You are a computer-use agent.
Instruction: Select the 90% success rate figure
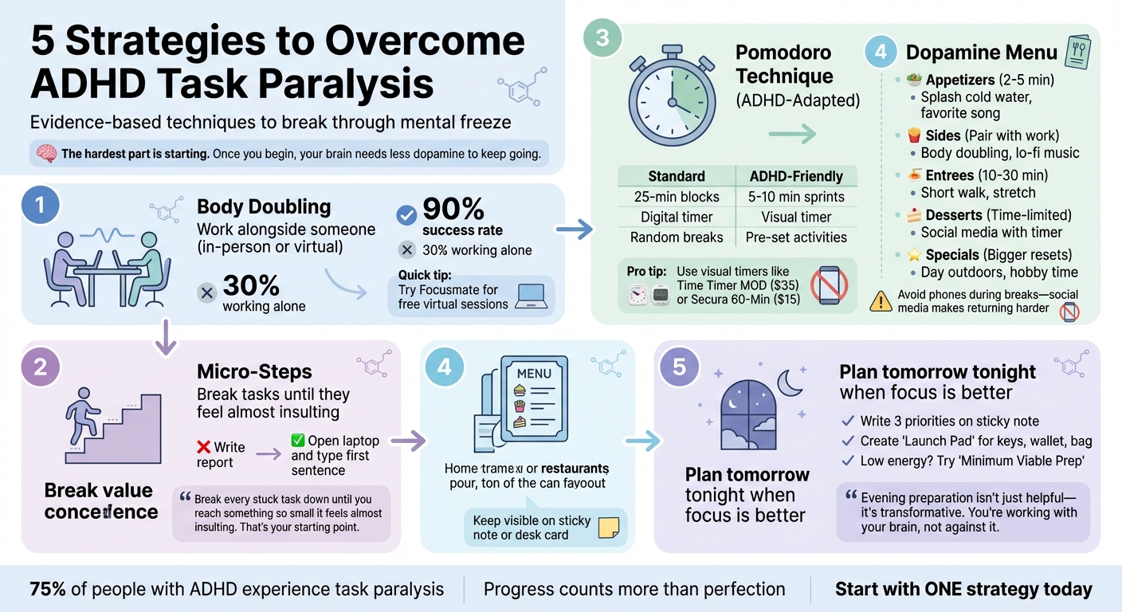(x=453, y=210)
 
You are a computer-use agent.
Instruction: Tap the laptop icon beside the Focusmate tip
(x=530, y=296)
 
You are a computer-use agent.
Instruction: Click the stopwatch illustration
(x=667, y=98)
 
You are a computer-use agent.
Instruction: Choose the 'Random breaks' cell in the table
(x=676, y=237)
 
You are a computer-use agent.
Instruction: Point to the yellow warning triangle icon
(x=880, y=300)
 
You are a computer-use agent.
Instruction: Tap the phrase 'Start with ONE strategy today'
(x=963, y=590)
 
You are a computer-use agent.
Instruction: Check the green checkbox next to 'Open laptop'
(x=298, y=440)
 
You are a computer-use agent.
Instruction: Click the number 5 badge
(x=679, y=367)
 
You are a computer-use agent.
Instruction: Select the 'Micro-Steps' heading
(x=254, y=372)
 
